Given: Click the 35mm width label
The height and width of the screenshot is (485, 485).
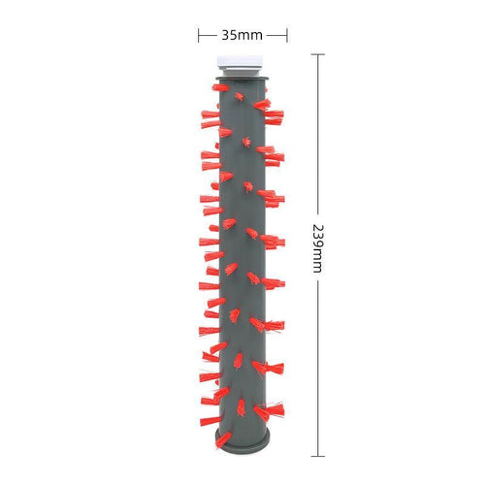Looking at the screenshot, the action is click(242, 35).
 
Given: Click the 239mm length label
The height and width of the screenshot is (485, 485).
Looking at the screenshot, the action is click(318, 248).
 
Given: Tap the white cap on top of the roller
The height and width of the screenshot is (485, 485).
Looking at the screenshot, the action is click(240, 62).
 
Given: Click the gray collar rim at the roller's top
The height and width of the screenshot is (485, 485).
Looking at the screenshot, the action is click(242, 79).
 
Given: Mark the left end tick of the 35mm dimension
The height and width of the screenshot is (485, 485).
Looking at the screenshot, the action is click(199, 35).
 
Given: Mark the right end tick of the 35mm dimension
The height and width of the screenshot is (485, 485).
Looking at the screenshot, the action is click(287, 35).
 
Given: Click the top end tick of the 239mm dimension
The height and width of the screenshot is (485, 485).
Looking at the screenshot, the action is click(318, 54).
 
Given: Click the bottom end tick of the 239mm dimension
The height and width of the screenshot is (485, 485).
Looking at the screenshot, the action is click(318, 456).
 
